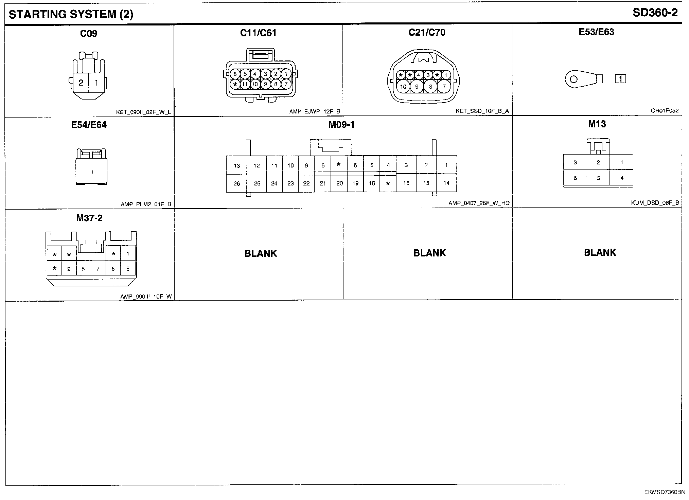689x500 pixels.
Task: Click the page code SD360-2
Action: (x=655, y=13)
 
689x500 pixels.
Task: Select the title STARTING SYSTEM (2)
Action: (x=71, y=14)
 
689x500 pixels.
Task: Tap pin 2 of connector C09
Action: (x=81, y=83)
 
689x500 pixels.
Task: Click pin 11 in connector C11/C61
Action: (x=245, y=84)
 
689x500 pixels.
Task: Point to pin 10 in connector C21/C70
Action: (x=403, y=87)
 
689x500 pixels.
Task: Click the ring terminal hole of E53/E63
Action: (x=573, y=79)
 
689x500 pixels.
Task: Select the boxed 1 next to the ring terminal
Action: (x=620, y=79)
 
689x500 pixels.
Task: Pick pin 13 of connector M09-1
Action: (x=237, y=166)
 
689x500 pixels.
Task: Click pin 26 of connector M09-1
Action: (x=237, y=183)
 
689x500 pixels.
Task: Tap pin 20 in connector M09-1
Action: (x=339, y=183)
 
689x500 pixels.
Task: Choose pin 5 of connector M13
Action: (x=598, y=178)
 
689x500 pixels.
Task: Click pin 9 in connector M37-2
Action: (x=69, y=269)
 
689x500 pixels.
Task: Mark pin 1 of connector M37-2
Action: (x=128, y=254)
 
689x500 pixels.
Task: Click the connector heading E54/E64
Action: (x=89, y=125)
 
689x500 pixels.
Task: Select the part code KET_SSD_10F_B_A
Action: (x=482, y=111)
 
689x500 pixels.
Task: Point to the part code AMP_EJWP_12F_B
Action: (x=315, y=111)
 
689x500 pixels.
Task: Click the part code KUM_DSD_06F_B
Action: (x=655, y=203)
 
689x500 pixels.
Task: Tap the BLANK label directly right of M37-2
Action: (x=261, y=253)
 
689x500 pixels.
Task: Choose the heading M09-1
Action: (x=341, y=125)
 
